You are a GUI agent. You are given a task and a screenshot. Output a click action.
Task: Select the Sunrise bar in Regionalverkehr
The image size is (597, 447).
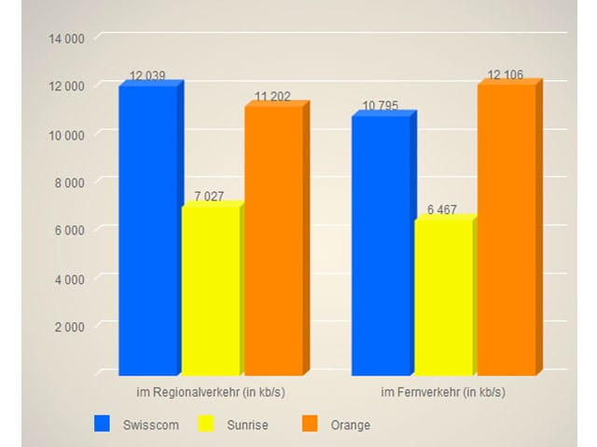[210, 289]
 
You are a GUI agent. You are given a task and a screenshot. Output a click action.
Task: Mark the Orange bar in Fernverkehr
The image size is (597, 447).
[506, 229]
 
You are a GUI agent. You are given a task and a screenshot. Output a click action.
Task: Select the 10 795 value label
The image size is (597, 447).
[381, 106]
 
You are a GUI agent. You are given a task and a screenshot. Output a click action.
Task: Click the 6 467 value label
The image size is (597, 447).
[442, 210]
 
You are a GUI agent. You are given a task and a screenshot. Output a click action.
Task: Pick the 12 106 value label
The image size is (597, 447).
[506, 74]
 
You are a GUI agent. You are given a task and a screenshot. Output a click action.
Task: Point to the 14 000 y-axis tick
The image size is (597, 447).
[66, 38]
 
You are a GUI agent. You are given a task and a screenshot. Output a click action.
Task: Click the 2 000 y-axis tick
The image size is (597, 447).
[69, 326]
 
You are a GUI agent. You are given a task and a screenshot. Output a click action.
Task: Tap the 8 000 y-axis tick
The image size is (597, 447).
[69, 183]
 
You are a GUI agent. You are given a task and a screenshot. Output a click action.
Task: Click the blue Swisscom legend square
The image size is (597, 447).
[103, 425]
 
